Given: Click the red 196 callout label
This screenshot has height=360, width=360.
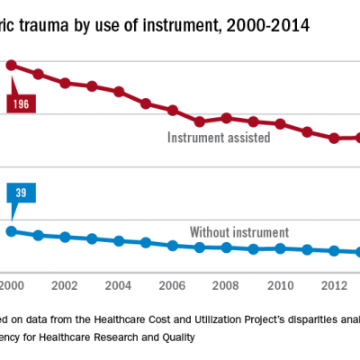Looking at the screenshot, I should pyautogui.click(x=19, y=103).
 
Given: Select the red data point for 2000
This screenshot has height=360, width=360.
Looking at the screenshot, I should pyautogui.click(x=12, y=65).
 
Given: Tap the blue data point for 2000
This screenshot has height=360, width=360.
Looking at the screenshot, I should pyautogui.click(x=12, y=230).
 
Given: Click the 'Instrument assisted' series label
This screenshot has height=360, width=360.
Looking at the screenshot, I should pyautogui.click(x=219, y=138).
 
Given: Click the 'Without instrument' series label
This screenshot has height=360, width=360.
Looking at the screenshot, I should pyautogui.click(x=238, y=231).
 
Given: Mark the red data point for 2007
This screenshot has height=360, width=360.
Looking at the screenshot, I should pyautogui.click(x=200, y=121).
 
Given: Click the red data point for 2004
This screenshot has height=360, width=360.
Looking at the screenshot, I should pyautogui.click(x=119, y=92).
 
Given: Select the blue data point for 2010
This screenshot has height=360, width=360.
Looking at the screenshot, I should pyautogui.click(x=281, y=248).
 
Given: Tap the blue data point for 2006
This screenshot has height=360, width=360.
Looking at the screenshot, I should pyautogui.click(x=173, y=245).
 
